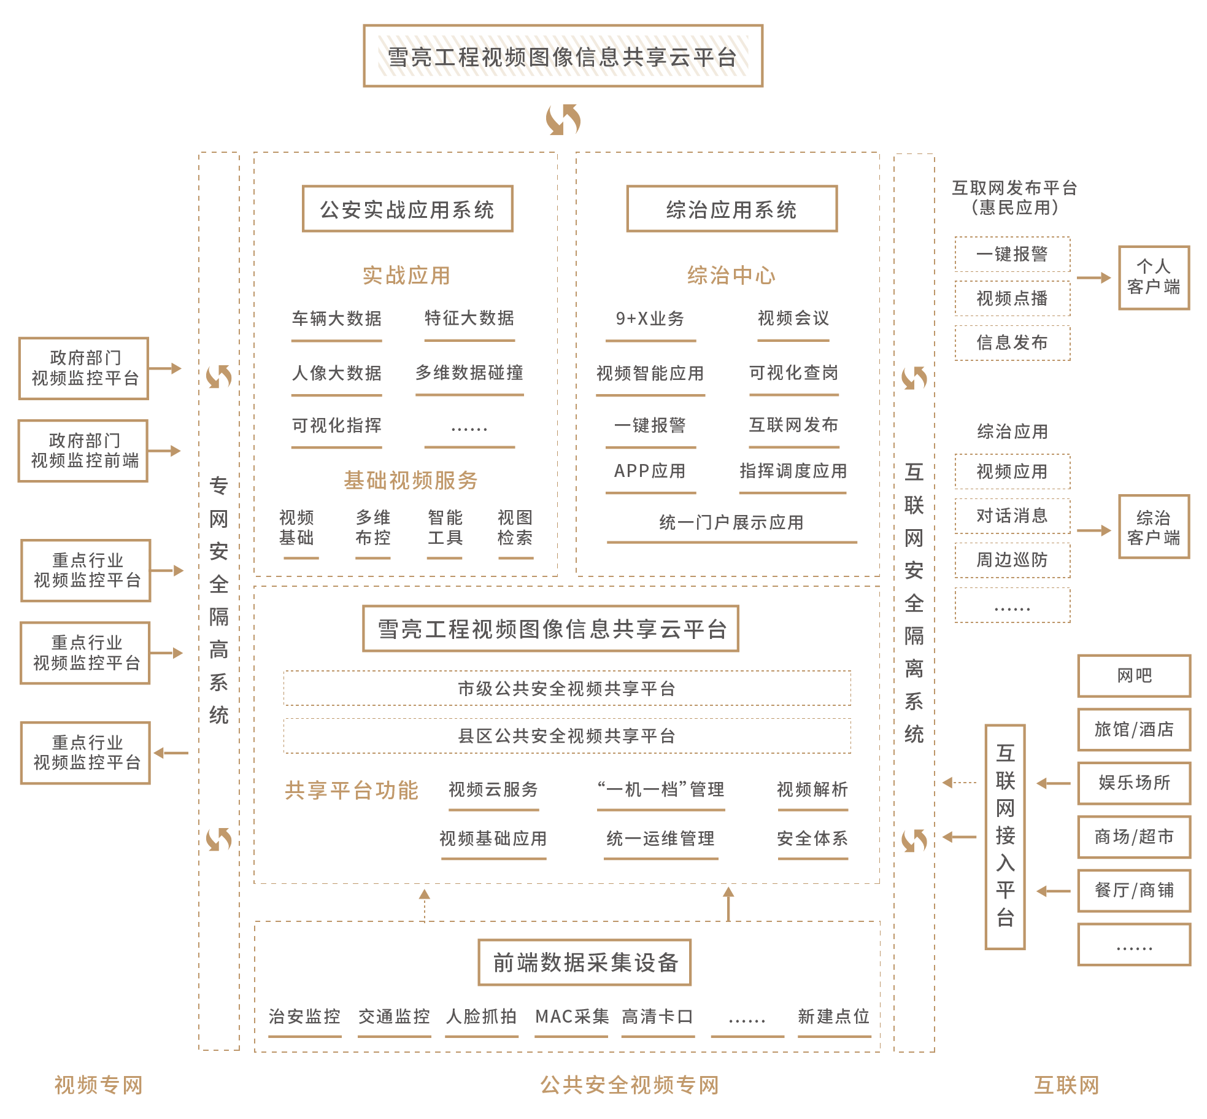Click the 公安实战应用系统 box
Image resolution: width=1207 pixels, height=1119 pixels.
(407, 209)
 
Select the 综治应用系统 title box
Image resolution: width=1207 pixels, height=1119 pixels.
(731, 209)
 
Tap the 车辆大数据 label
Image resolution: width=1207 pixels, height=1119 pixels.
(336, 319)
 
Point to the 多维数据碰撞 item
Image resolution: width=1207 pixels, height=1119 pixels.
(469, 373)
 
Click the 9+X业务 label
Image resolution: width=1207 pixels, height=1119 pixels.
(650, 319)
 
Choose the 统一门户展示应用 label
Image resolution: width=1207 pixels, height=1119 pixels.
(731, 522)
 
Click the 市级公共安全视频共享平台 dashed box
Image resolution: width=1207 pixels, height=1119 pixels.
(567, 688)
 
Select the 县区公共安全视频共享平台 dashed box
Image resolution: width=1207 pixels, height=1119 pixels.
(567, 735)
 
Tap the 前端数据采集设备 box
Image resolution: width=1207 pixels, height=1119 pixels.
(585, 962)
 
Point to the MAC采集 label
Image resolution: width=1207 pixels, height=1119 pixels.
(572, 1016)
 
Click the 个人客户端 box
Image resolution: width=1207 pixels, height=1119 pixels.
(1154, 277)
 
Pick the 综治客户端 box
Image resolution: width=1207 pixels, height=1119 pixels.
(1154, 527)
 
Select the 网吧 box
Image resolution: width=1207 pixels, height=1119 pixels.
(1134, 676)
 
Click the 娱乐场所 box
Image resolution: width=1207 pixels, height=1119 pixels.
(1134, 783)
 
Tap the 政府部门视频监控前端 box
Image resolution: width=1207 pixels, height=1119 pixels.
(84, 451)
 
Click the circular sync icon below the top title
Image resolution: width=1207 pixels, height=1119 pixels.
(563, 119)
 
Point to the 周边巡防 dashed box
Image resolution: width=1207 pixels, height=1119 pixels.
(1012, 560)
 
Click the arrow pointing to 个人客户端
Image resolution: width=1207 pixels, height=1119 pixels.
(1093, 277)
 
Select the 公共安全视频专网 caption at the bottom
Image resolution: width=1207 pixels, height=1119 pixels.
(630, 1085)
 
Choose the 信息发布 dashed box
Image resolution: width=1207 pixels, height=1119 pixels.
(1012, 343)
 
